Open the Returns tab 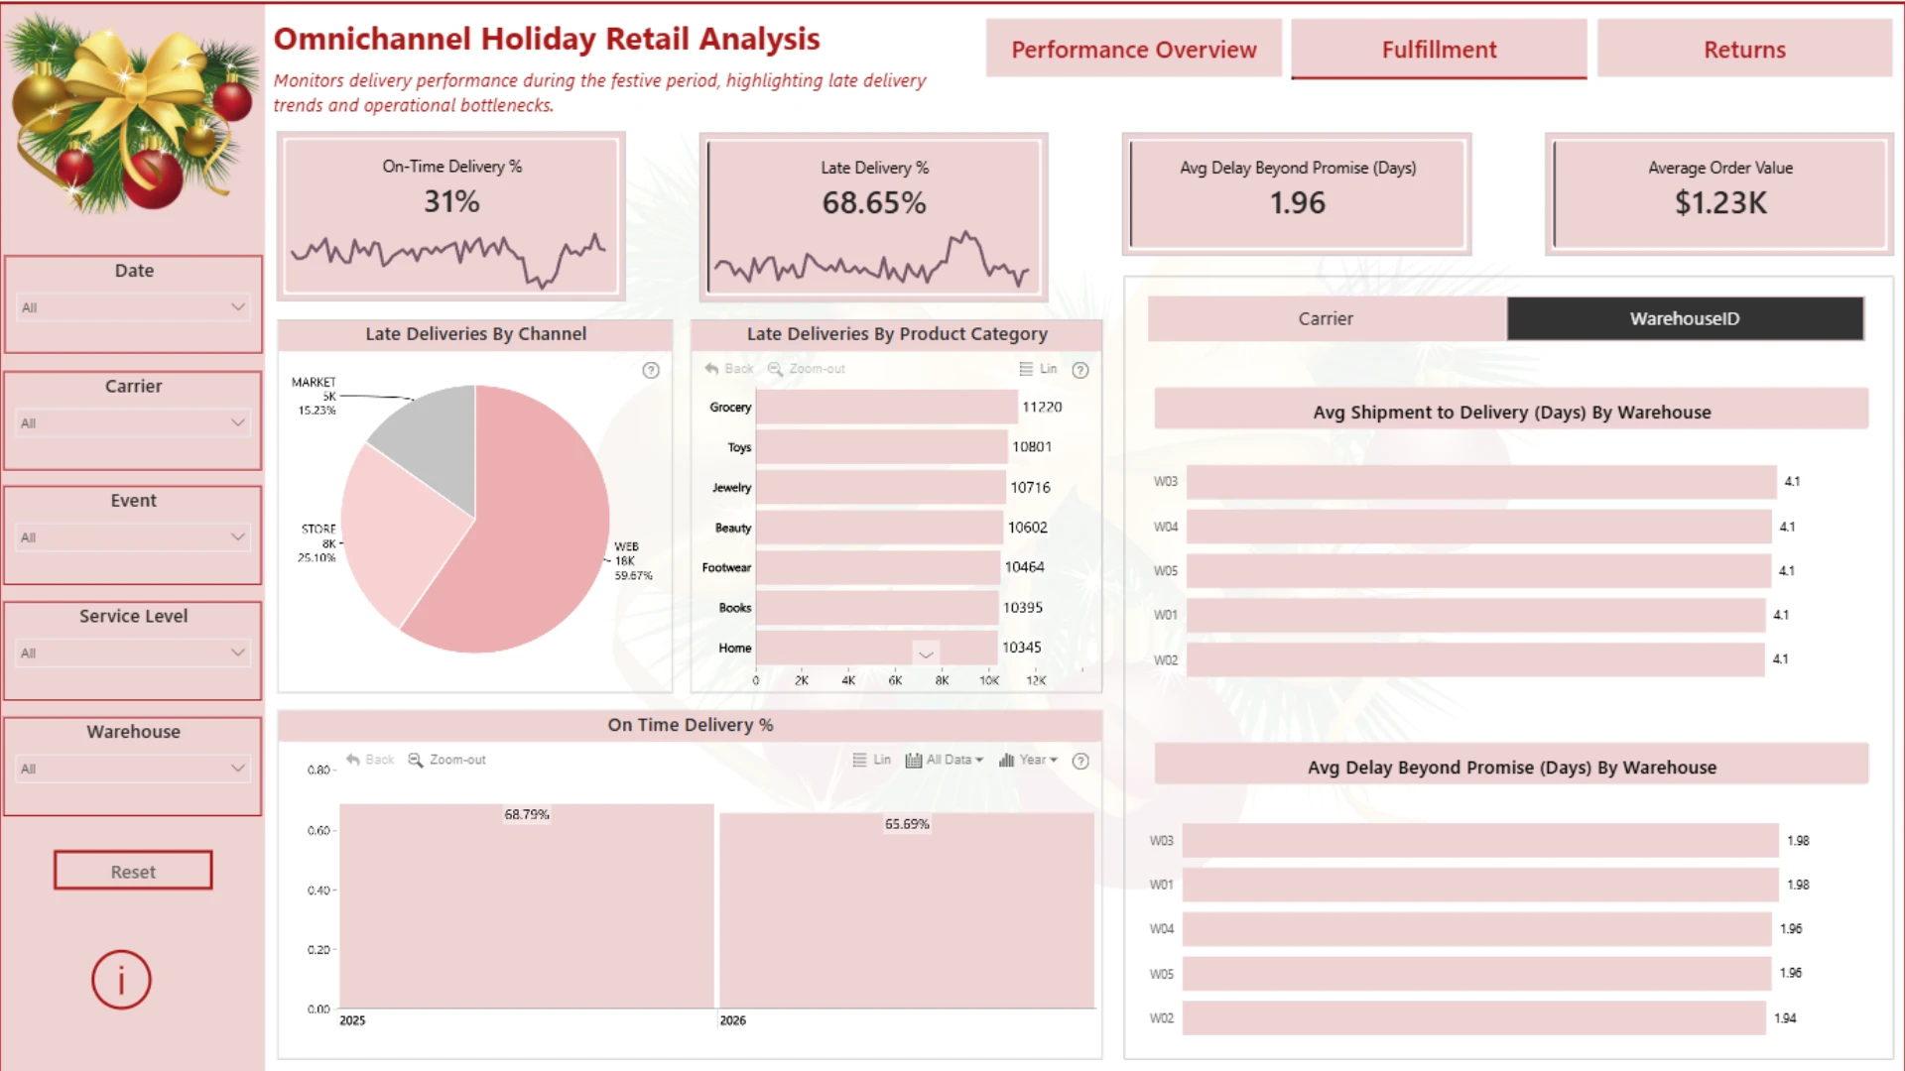pyautogui.click(x=1744, y=50)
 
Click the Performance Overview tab pyautogui.click(x=1133, y=50)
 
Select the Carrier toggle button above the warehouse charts pyautogui.click(x=1327, y=318)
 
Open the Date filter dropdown pyautogui.click(x=134, y=307)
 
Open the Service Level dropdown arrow pyautogui.click(x=237, y=653)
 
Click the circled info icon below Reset pyautogui.click(x=121, y=980)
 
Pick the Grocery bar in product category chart pyautogui.click(x=886, y=407)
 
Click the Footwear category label pyautogui.click(x=726, y=567)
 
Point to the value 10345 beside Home pyautogui.click(x=1021, y=648)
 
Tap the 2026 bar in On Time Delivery pyautogui.click(x=907, y=911)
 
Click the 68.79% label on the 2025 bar pyautogui.click(x=527, y=814)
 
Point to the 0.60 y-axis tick pyautogui.click(x=318, y=830)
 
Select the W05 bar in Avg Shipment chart pyautogui.click(x=1478, y=571)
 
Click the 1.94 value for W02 pyautogui.click(x=1785, y=1017)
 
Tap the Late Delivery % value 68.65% pyautogui.click(x=873, y=202)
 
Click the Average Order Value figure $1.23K pyautogui.click(x=1720, y=202)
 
